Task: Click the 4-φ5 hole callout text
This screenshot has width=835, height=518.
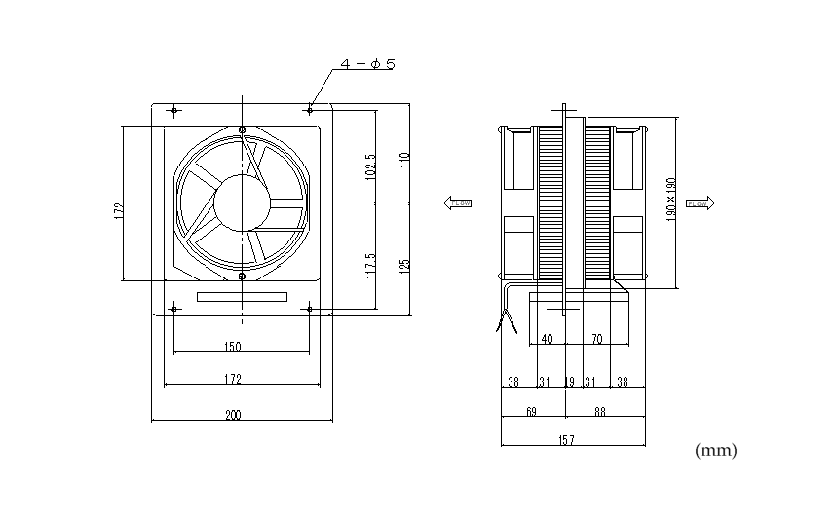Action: pos(367,65)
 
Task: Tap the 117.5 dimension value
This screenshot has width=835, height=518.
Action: pos(370,265)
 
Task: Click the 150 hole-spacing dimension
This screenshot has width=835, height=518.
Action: pos(232,347)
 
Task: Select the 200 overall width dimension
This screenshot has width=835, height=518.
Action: pos(234,415)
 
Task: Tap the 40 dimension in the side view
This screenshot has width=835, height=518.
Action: pos(547,339)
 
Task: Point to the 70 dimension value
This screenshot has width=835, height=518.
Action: pos(596,339)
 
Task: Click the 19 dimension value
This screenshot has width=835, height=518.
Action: pos(569,382)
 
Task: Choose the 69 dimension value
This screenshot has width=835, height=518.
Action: pos(531,412)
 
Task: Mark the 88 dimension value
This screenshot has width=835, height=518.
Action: pos(600,412)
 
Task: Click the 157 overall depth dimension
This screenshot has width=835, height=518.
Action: pos(567,440)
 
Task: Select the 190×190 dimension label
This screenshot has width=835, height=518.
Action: pos(671,200)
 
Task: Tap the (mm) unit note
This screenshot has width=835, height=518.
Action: pos(716,451)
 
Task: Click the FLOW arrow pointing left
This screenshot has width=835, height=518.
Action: pos(458,203)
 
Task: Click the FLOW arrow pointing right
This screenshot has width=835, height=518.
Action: pos(700,203)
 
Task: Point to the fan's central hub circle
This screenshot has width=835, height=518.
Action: pos(242,203)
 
